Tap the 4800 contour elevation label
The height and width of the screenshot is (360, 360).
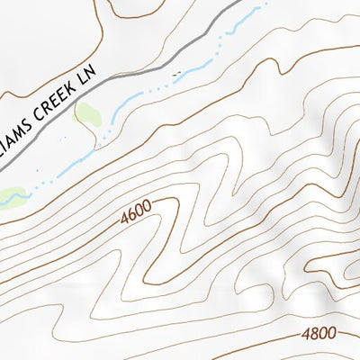click(x=319, y=333)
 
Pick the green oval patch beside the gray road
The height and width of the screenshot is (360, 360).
click(x=86, y=114)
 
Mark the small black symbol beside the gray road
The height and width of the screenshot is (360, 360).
click(x=177, y=72)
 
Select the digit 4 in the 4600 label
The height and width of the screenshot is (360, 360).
click(x=122, y=219)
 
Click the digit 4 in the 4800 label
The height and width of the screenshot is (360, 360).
click(x=306, y=334)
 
